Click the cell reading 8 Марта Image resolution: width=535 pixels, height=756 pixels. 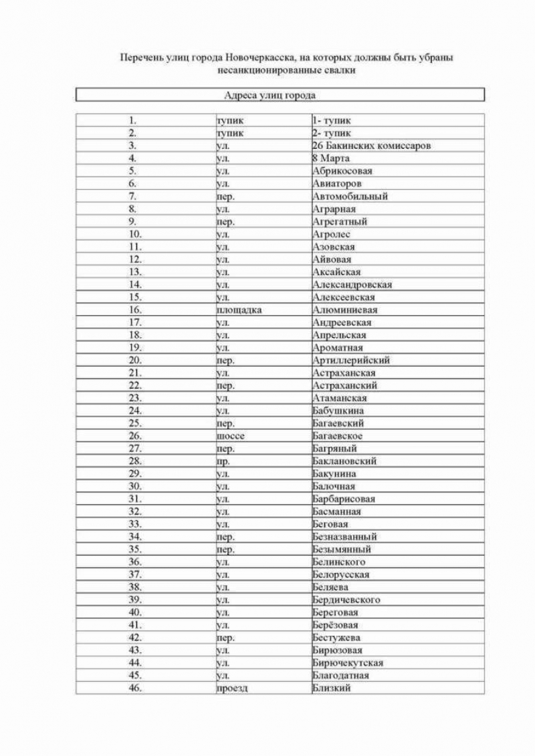tap(331, 158)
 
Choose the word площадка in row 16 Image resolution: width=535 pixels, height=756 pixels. tap(239, 310)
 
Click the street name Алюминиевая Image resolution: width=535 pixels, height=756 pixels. tap(345, 310)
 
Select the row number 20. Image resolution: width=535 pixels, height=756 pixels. tap(134, 361)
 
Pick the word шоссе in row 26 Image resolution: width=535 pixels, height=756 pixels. tap(231, 436)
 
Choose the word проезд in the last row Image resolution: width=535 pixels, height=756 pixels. tap(232, 689)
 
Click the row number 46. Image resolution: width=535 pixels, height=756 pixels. tap(134, 689)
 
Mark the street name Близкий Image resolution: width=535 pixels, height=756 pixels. tap(331, 689)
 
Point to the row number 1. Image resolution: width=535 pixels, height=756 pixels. tap(133, 121)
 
